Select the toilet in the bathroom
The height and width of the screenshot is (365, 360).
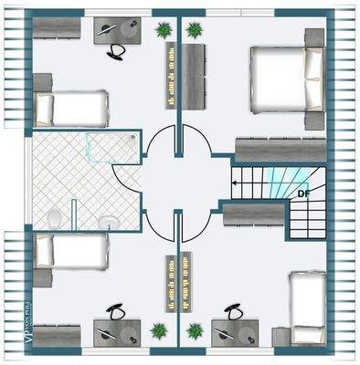(55, 217)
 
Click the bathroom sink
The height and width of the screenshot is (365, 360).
(107, 220)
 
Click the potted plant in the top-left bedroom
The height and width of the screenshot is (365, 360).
(164, 30)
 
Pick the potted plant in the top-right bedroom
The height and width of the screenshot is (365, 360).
(194, 30)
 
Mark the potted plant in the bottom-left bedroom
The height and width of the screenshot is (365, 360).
(160, 329)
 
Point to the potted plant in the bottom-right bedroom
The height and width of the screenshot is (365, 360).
(193, 329)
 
